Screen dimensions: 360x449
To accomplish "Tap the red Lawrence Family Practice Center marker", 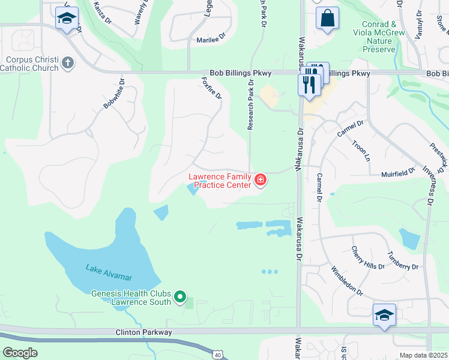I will pyautogui.click(x=261, y=180).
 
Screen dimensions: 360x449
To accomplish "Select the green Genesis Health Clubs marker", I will pyautogui.click(x=179, y=296).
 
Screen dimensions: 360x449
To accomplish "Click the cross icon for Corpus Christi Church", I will pyautogui.click(x=68, y=62).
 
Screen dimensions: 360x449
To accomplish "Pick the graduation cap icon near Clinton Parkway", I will pyautogui.click(x=384, y=314).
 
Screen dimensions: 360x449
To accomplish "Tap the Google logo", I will pyautogui.click(x=20, y=352).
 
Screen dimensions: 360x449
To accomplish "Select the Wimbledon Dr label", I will pyautogui.click(x=347, y=281).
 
